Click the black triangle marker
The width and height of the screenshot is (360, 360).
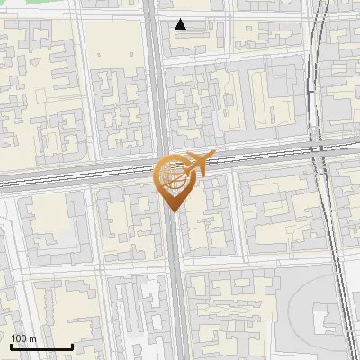[181, 24]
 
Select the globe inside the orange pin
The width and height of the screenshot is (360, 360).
[173, 176]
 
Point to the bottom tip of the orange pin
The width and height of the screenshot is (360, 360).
[173, 211]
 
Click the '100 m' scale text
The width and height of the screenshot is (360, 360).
[23, 338]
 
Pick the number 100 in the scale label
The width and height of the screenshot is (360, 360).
[19, 338]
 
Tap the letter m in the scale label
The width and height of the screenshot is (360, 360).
[32, 338]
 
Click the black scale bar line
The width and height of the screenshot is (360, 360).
[41, 347]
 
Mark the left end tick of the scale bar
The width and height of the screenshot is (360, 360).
[11, 346]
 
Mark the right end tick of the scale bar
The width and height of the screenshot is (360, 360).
[73, 346]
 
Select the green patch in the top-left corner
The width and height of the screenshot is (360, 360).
[27, 6]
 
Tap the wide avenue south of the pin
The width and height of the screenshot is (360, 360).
[176, 288]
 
